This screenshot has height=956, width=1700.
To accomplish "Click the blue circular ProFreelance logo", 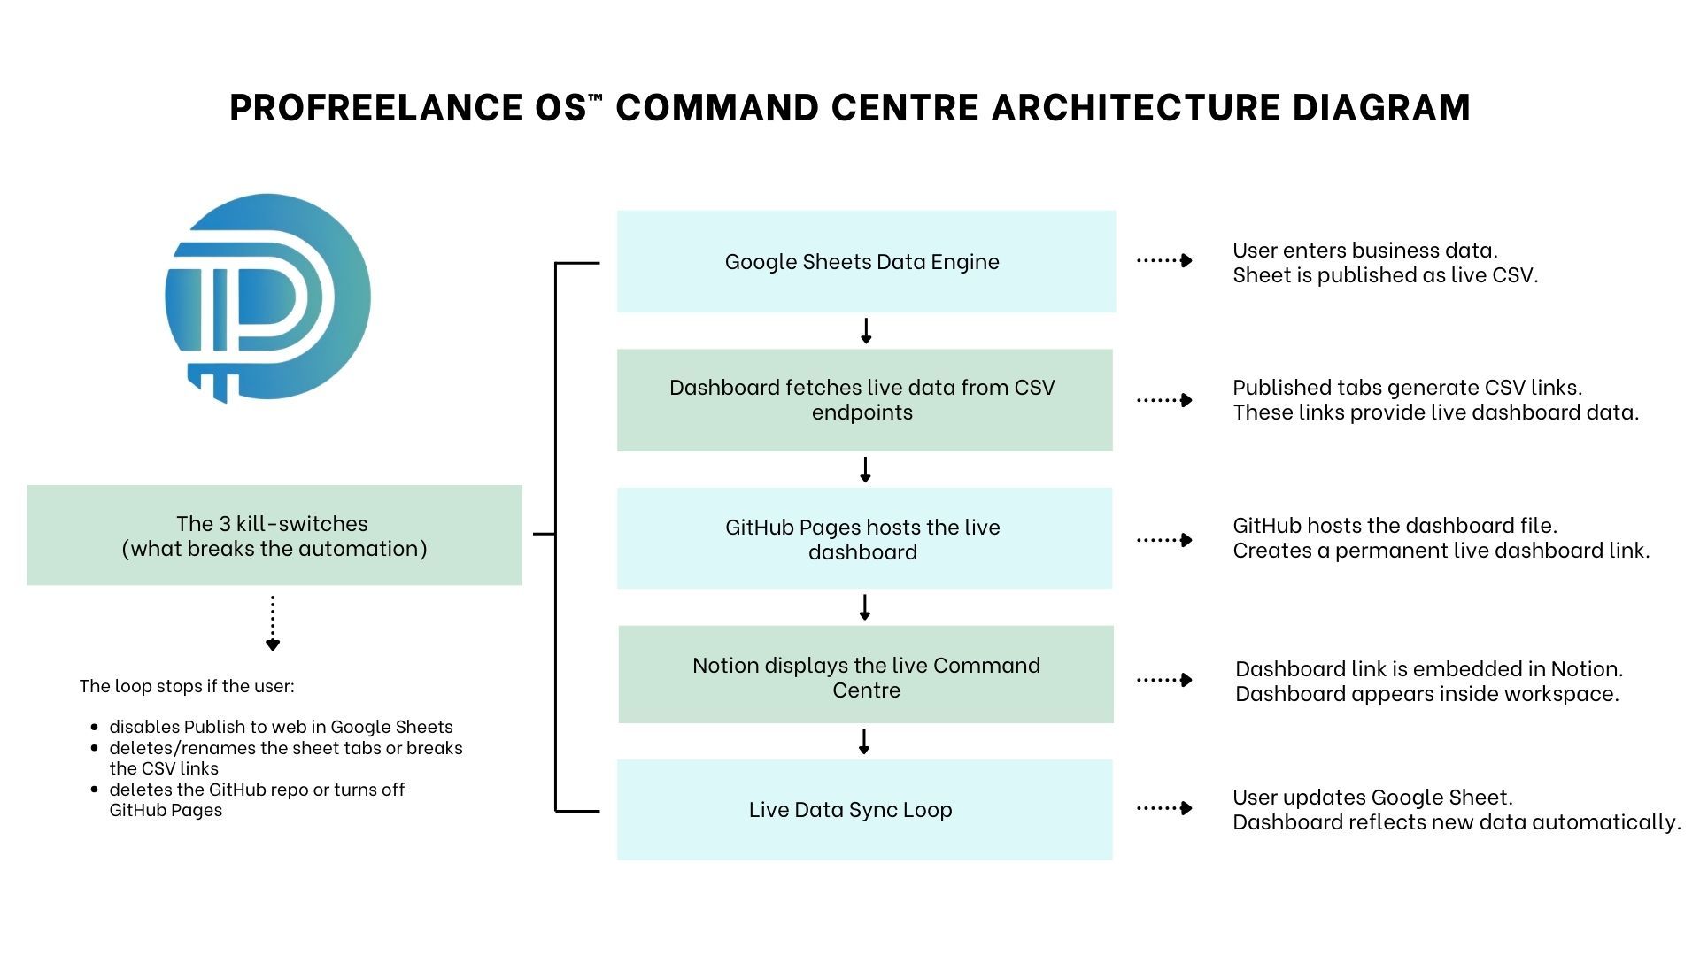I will click(x=267, y=297).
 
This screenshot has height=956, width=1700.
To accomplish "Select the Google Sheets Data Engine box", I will click(x=866, y=261).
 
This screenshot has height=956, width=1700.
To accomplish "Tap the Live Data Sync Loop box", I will click(x=864, y=809).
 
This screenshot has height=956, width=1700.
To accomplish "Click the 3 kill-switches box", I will click(x=274, y=536).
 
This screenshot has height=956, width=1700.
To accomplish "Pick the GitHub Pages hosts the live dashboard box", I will click(x=864, y=538).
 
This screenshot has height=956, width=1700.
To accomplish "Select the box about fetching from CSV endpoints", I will click(x=864, y=400).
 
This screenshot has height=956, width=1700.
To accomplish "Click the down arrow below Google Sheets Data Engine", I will click(x=866, y=331).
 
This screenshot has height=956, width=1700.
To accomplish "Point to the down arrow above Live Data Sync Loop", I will click(x=864, y=742).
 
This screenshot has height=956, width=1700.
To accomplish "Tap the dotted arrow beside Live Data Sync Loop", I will click(x=1164, y=808).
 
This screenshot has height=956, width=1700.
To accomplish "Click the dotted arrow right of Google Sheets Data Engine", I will click(x=1164, y=260).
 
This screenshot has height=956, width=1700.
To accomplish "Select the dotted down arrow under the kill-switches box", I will click(x=273, y=623).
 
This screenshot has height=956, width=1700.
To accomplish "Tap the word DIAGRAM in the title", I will click(x=1381, y=108).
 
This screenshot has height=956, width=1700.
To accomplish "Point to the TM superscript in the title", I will click(x=595, y=96).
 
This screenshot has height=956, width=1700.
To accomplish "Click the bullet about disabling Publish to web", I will click(x=281, y=727).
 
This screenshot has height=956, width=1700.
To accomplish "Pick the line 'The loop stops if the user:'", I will click(x=187, y=686).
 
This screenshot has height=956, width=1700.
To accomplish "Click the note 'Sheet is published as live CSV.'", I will click(x=1385, y=275).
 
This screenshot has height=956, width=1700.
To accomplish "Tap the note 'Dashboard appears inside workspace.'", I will click(x=1426, y=694).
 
